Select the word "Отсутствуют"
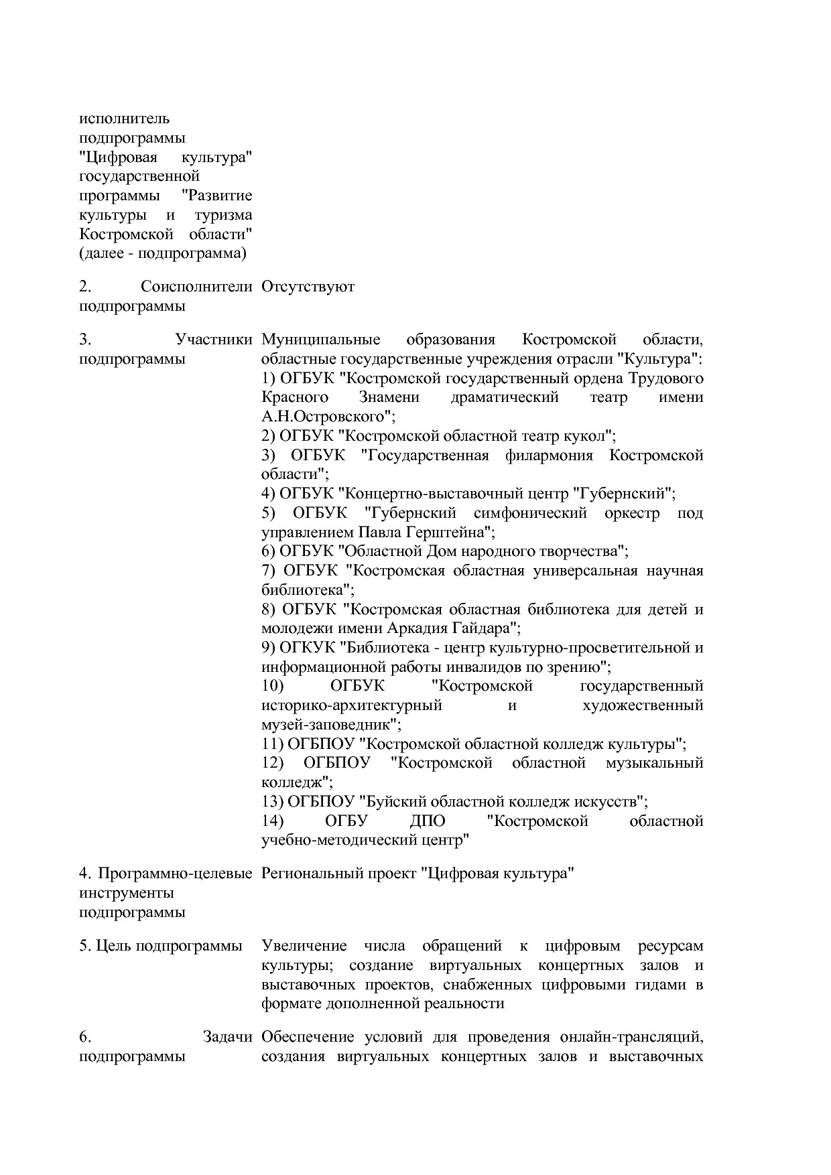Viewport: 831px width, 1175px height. [308, 287]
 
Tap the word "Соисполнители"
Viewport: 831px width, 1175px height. [196, 287]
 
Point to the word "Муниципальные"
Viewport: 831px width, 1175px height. [321, 340]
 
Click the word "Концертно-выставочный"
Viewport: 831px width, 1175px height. [452, 494]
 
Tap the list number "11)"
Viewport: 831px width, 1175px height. [272, 744]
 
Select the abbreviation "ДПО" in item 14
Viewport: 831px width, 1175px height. [427, 821]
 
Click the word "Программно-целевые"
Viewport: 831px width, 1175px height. [175, 874]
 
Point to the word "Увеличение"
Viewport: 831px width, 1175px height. [304, 946]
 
